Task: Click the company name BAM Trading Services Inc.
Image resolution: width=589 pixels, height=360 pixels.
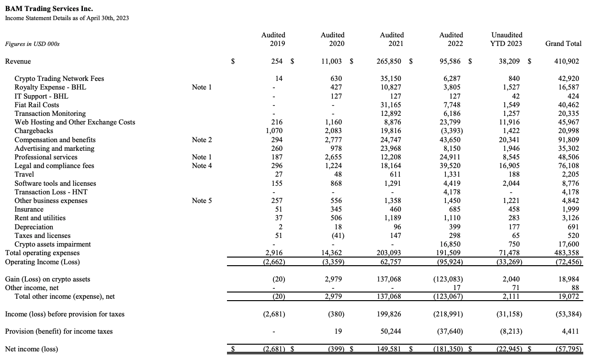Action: pyautogui.click(x=49, y=9)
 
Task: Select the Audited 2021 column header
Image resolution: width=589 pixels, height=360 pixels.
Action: pyautogui.click(x=392, y=39)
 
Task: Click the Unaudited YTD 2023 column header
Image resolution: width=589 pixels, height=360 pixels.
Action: pyautogui.click(x=507, y=39)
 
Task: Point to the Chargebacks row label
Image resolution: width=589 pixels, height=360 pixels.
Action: pyautogui.click(x=34, y=131)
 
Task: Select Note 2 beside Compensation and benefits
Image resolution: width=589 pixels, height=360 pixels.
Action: pyautogui.click(x=202, y=140)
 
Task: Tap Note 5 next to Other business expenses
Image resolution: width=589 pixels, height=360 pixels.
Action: pyautogui.click(x=202, y=201)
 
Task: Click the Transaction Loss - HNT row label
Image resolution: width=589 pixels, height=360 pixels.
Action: pyautogui.click(x=51, y=192)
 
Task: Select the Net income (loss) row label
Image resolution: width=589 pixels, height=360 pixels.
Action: pyautogui.click(x=31, y=349)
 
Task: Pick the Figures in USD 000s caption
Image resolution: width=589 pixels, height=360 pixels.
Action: pyautogui.click(x=32, y=44)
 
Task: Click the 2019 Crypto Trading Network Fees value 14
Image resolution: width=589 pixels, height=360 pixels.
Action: pyautogui.click(x=281, y=79)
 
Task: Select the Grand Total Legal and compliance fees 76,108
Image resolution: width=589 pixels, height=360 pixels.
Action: pyautogui.click(x=568, y=166)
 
